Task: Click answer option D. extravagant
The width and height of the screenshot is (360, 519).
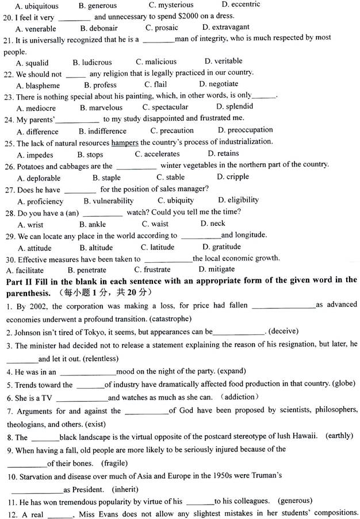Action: coord(225,27)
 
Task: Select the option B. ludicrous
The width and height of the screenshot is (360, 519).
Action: coord(92,62)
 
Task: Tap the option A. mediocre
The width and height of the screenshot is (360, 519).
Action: coord(36,107)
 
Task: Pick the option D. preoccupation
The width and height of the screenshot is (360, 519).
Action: coord(245,130)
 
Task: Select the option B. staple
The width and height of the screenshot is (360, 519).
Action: coord(106,178)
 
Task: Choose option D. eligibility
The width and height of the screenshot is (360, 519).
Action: coord(238,200)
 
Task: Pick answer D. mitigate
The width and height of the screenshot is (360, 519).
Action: coord(216,269)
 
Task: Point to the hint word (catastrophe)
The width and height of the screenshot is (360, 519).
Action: coord(170,318)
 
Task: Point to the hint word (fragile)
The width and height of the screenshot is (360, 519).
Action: coord(114,463)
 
